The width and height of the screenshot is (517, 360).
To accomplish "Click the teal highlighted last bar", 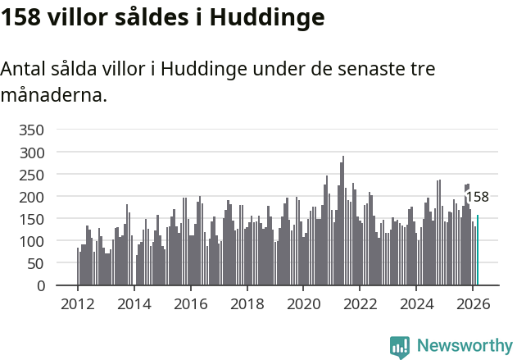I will [x=478, y=250].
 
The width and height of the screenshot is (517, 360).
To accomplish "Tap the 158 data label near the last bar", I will [x=477, y=197].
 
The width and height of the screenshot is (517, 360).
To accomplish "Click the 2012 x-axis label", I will [x=78, y=304].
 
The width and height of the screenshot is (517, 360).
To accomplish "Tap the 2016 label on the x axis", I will [x=190, y=304].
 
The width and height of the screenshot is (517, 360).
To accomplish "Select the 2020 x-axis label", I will [x=303, y=304].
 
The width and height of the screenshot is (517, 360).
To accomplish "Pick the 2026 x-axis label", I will [x=473, y=304].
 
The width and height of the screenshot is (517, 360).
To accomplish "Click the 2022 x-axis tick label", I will [x=360, y=304].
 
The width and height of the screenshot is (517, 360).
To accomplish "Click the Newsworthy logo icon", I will [x=400, y=347].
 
